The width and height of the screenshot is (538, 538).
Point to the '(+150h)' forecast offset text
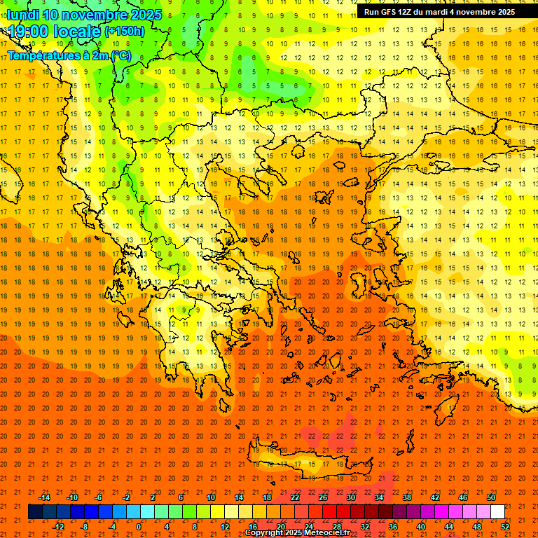[x=125, y=32]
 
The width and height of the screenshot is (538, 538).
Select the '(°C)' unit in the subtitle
[x=120, y=55]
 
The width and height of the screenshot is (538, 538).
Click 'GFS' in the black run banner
[x=389, y=12]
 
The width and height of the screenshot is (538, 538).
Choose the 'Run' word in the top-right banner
[x=372, y=12]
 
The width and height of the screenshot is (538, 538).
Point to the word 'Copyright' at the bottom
[x=265, y=533]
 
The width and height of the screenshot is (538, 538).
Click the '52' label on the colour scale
[x=506, y=527]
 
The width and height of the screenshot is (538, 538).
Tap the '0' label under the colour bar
[x=138, y=527]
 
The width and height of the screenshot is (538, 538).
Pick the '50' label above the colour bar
[x=491, y=497]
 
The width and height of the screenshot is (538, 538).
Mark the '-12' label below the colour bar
[x=58, y=527]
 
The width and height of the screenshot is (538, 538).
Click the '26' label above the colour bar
[x=323, y=497]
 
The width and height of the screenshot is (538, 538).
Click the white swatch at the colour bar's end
[x=498, y=512]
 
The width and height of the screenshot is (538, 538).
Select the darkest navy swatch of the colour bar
[x=35, y=512]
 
